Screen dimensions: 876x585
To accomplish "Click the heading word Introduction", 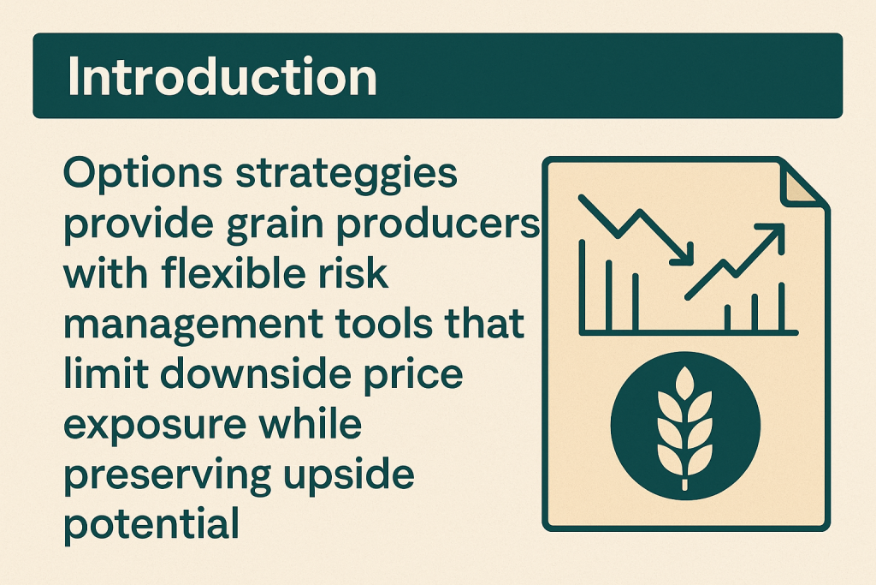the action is (x=222, y=76).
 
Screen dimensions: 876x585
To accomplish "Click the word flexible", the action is (x=234, y=273).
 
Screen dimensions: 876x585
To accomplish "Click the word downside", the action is (x=256, y=373).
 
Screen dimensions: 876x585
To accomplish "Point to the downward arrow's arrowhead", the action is (x=683, y=254).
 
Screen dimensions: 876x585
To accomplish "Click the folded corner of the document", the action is (x=801, y=184).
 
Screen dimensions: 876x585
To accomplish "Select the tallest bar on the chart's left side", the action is (x=582, y=285).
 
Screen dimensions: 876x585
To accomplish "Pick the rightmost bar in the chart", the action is (x=782, y=307).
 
